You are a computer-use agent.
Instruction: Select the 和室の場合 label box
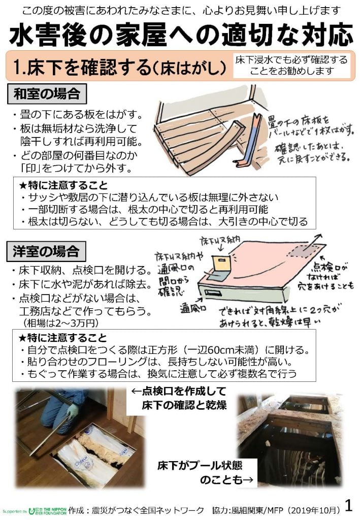coord(46,93)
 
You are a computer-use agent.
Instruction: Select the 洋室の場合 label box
coord(46,250)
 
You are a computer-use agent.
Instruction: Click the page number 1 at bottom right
coord(349,505)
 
